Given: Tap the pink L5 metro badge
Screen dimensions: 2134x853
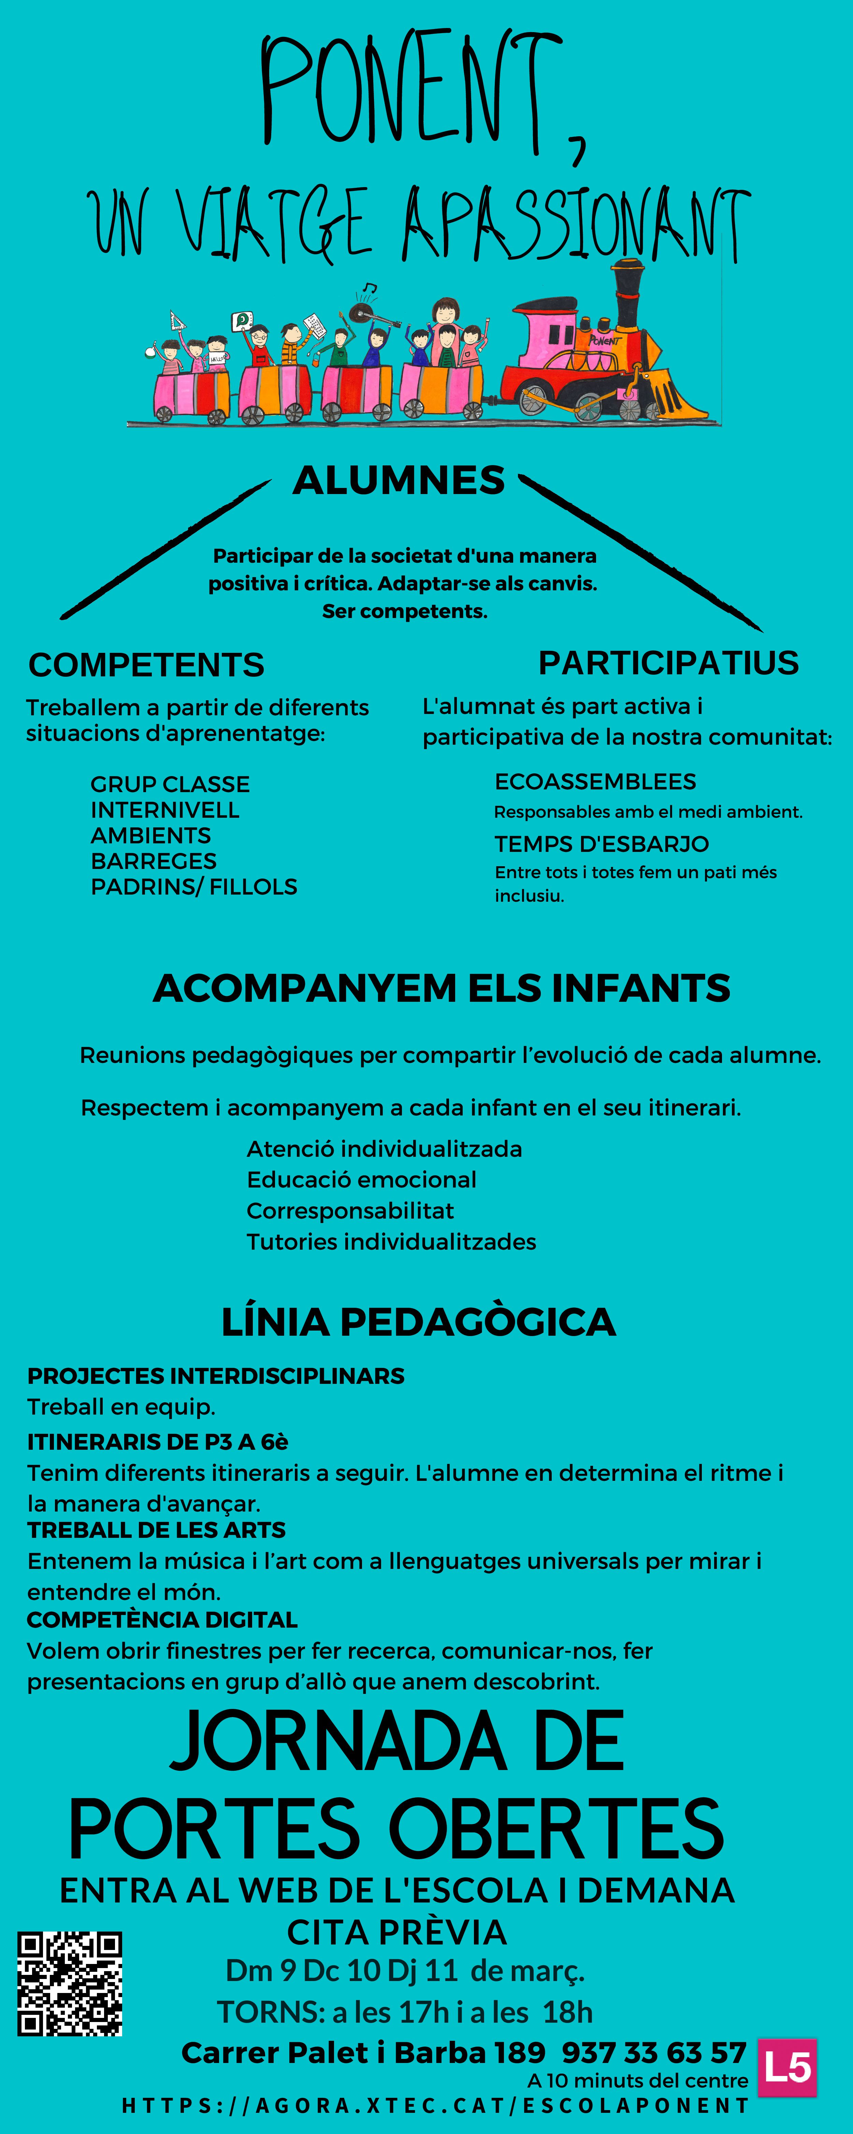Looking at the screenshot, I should pyautogui.click(x=787, y=2067).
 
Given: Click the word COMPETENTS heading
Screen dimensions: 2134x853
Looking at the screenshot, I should pyautogui.click(x=147, y=664).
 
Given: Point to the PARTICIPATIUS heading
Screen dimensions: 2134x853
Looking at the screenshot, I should pyautogui.click(x=668, y=663).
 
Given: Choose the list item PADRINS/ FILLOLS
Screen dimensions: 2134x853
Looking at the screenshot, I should pyautogui.click(x=194, y=886).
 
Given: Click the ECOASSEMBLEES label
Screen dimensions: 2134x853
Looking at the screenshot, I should pyautogui.click(x=595, y=781).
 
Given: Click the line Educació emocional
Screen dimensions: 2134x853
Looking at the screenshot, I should pyautogui.click(x=361, y=1180).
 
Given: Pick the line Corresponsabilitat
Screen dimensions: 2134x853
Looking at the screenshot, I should pyautogui.click(x=350, y=1210).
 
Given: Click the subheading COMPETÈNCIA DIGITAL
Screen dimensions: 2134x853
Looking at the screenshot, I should pyautogui.click(x=162, y=1619).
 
